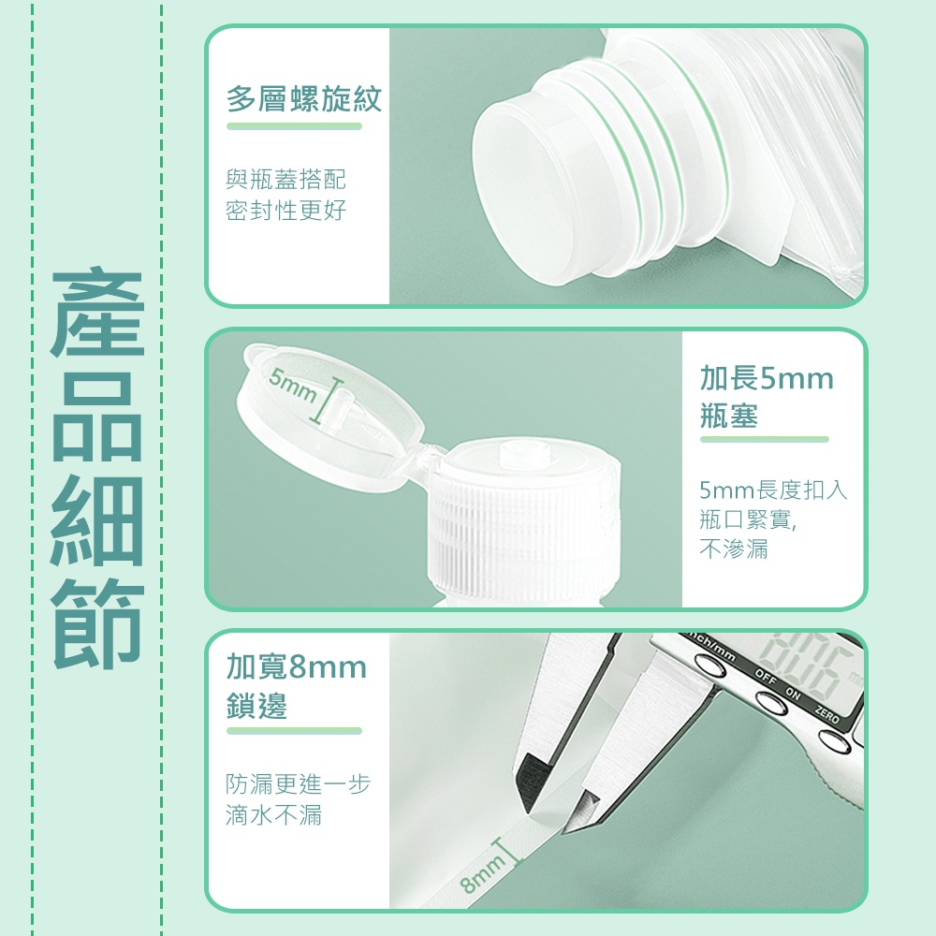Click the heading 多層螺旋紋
click(x=304, y=98)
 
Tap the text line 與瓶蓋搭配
click(x=285, y=179)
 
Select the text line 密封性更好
click(x=285, y=210)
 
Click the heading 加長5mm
click(x=767, y=378)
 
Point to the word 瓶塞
click(x=729, y=416)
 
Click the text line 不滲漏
click(x=734, y=548)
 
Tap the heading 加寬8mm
click(x=296, y=666)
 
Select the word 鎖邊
click(x=256, y=705)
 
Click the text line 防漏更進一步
click(x=298, y=783)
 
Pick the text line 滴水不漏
click(x=274, y=815)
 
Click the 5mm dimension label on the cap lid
click(x=292, y=385)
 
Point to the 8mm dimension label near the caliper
click(x=483, y=872)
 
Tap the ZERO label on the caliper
click(x=827, y=714)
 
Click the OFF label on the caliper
click(x=766, y=676)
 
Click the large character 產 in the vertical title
click(x=97, y=313)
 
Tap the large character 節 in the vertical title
click(x=97, y=623)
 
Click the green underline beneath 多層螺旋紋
click(x=294, y=126)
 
